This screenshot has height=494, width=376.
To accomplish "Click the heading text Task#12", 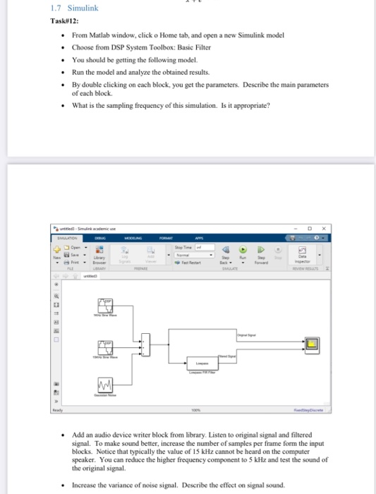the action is (x=66, y=20).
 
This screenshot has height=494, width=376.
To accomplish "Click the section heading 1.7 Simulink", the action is (x=66, y=8).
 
